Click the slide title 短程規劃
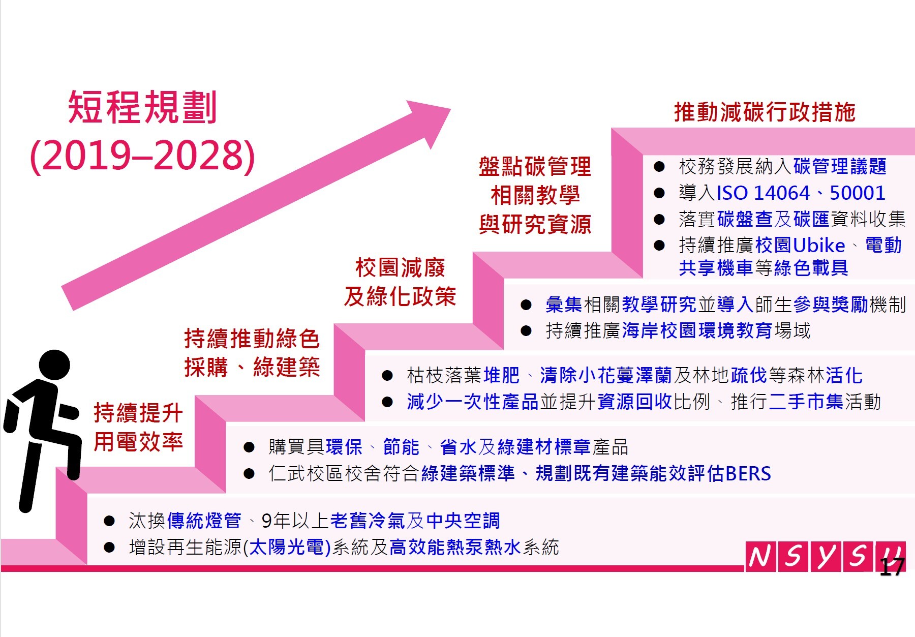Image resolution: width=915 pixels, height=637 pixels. coord(142,107)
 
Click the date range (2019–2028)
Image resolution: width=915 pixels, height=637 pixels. coord(142,156)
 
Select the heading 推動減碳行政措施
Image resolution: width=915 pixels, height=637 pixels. coord(765,112)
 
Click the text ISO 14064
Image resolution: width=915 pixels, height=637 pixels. coord(763,193)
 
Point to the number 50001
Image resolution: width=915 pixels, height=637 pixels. coord(858,193)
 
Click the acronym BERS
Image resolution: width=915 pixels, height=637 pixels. coord(748,474)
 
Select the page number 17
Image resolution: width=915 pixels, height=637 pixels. coord(892,567)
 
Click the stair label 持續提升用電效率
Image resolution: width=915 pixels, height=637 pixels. coord(138,427)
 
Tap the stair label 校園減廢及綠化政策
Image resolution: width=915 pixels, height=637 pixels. coord(400,282)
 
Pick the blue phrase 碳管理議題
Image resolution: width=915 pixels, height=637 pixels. coord(840,166)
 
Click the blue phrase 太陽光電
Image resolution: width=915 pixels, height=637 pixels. coord(287,548)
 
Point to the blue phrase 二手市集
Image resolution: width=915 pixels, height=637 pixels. coord(806,402)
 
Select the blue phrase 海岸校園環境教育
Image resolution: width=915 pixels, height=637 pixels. coord(697,331)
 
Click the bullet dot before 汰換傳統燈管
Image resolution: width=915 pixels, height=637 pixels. coord(109,521)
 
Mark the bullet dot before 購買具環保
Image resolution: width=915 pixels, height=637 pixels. coord(249,447)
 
